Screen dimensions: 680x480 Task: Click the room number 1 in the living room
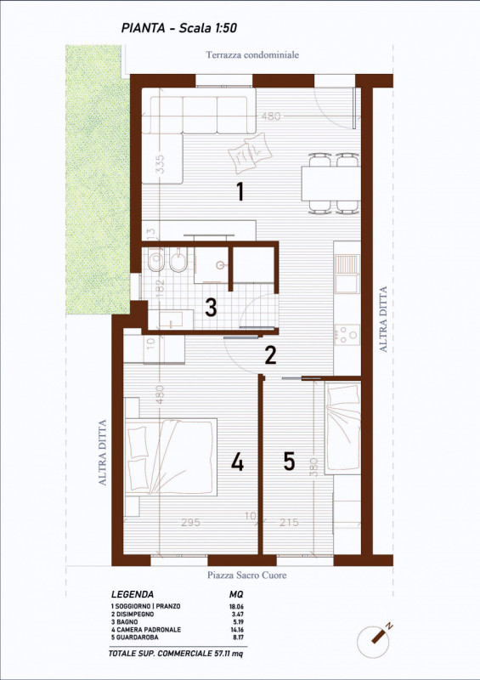(x=240, y=192)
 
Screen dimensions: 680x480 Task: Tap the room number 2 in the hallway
(x=270, y=355)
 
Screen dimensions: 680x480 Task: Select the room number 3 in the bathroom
(x=211, y=307)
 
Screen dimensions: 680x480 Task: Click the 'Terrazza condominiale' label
(x=251, y=55)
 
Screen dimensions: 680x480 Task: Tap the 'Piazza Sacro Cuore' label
(x=247, y=575)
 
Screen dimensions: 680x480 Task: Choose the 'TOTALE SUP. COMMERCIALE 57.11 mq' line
(x=188, y=655)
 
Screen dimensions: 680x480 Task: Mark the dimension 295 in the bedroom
(x=190, y=523)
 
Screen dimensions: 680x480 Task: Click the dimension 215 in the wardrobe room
(x=290, y=523)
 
